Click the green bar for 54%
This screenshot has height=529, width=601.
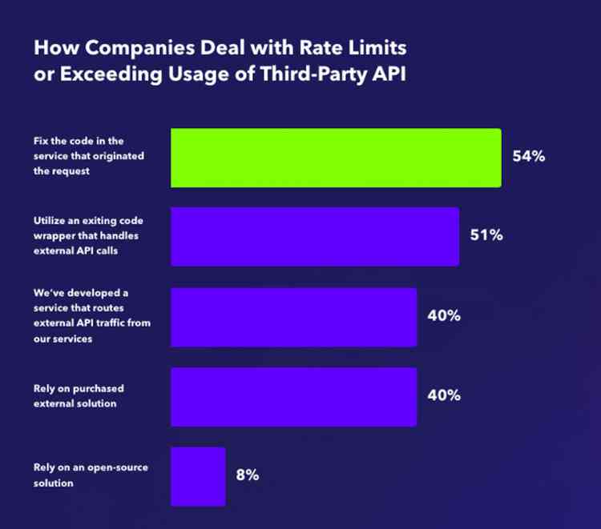click(x=336, y=158)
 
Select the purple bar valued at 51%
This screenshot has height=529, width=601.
click(x=315, y=236)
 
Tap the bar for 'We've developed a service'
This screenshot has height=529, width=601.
click(x=293, y=317)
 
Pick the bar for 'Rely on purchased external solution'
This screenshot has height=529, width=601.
click(x=293, y=396)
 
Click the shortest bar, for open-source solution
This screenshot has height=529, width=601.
click(x=198, y=476)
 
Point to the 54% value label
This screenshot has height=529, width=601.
click(x=529, y=157)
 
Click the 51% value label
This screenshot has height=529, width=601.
click(x=486, y=236)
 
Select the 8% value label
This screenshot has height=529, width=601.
click(x=247, y=475)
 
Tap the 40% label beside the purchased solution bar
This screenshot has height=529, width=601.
click(x=443, y=395)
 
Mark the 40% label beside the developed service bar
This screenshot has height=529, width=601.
click(x=443, y=316)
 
